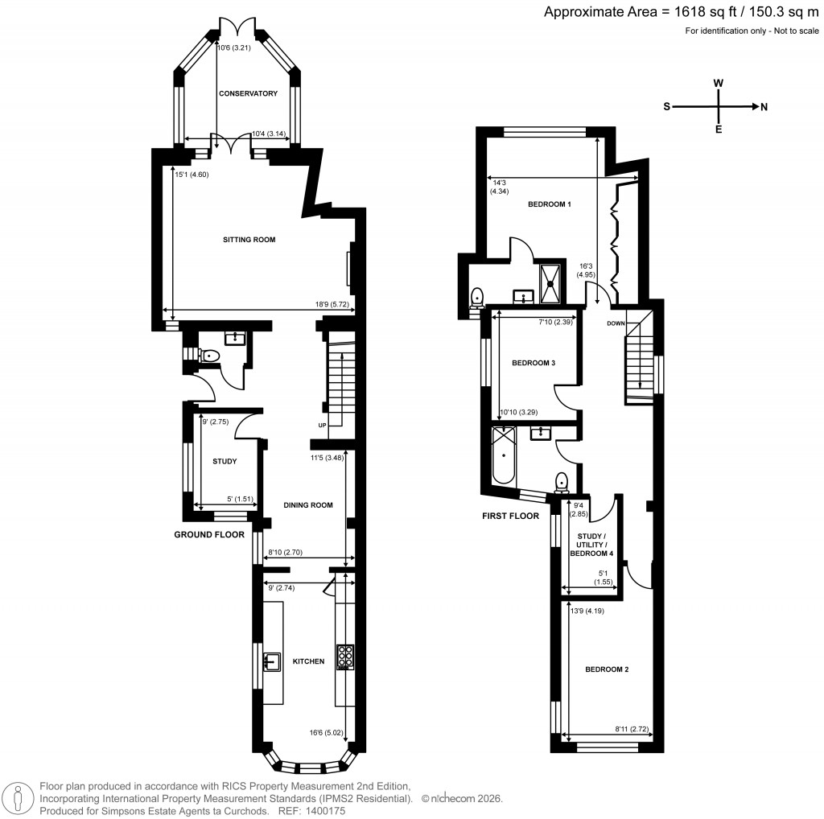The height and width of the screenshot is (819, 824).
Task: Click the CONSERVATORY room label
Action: tap(249, 93)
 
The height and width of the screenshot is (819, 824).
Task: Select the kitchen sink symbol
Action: tap(270, 661)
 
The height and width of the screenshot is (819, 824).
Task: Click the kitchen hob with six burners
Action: tap(345, 657)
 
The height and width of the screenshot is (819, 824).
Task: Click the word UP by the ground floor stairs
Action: tap(321, 425)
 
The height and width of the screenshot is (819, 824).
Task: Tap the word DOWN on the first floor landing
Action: tap(616, 323)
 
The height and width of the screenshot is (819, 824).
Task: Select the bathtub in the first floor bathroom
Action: tap(505, 455)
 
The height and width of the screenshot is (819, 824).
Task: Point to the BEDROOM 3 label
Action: tap(534, 363)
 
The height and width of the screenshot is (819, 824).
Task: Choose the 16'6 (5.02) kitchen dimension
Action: tap(326, 732)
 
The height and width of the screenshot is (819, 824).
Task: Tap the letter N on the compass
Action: tap(764, 106)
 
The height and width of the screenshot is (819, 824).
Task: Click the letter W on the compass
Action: tap(719, 84)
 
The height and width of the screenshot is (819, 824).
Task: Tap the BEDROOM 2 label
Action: tap(606, 669)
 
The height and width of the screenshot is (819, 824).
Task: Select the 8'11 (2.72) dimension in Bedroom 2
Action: tap(632, 729)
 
